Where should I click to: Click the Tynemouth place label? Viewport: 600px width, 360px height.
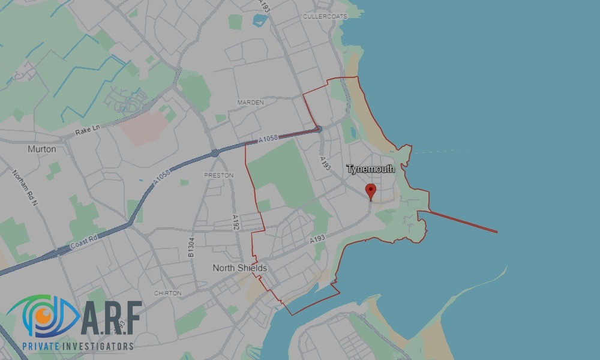point(371,169)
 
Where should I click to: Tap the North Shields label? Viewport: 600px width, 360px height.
point(239,268)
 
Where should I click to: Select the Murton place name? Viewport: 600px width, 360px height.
point(42,149)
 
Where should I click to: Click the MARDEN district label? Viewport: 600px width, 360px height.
point(250,103)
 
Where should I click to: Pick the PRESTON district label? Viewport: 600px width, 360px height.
point(218,175)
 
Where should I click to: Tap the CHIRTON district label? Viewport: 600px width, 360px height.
point(167,293)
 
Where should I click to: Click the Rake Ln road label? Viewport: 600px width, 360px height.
point(88,128)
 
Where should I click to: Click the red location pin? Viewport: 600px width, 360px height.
point(371,191)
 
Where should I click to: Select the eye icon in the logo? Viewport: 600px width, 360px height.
point(40,316)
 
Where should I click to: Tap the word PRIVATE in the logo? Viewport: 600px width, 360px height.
point(43,346)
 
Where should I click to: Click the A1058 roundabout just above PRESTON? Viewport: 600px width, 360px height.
point(214,153)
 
